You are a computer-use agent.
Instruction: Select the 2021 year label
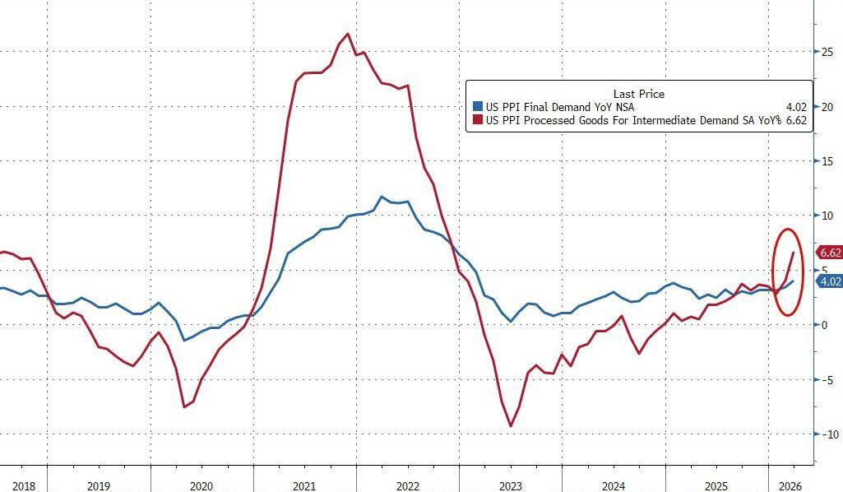click(305, 485)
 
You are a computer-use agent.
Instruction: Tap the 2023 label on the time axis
click(512, 485)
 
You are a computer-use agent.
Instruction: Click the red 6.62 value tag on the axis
click(828, 253)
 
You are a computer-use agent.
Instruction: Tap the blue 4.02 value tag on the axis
click(828, 281)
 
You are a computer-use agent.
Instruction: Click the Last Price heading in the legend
click(638, 94)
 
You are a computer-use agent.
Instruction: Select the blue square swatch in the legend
click(476, 107)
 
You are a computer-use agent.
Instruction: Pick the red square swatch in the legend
click(476, 120)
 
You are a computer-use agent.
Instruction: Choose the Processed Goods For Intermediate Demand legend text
click(629, 120)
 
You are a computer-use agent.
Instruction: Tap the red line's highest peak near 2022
click(348, 34)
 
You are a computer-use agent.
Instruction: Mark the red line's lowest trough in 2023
click(511, 426)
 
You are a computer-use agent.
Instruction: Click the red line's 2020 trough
click(184, 406)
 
